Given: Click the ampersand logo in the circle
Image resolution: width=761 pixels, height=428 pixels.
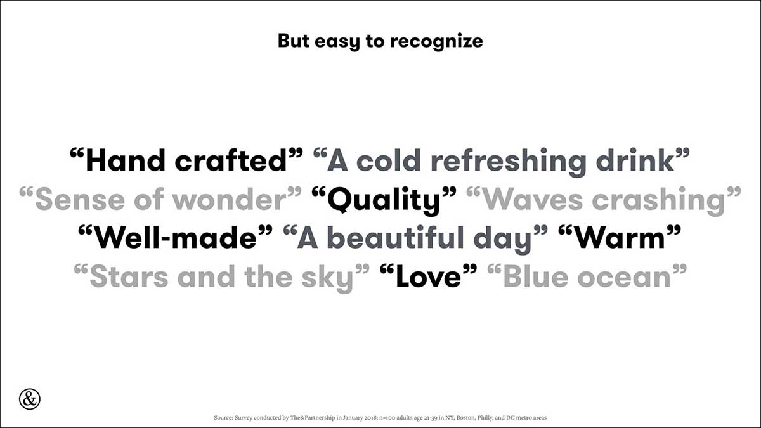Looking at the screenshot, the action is (x=30, y=399).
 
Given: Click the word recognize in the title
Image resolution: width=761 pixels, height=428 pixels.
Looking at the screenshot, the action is (x=436, y=42).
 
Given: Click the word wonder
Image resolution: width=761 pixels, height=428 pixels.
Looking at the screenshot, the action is (x=230, y=200).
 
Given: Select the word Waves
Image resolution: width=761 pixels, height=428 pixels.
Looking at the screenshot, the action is (x=533, y=200).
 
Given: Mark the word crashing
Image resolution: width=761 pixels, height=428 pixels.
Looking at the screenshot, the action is (x=658, y=201).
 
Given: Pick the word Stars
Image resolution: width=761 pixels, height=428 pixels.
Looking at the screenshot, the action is (x=129, y=276).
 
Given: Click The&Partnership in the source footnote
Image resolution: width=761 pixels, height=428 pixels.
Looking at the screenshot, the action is (x=313, y=418).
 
